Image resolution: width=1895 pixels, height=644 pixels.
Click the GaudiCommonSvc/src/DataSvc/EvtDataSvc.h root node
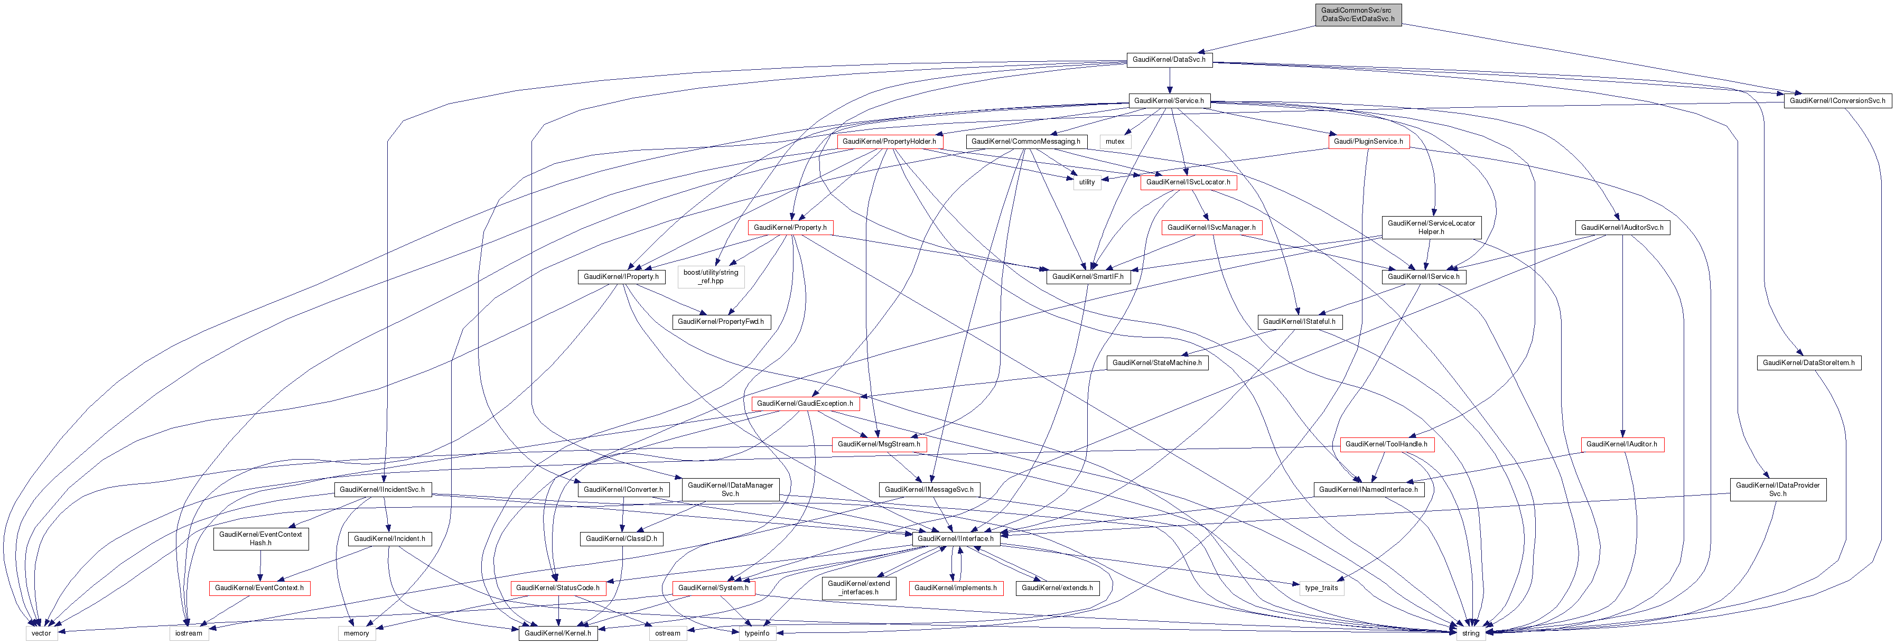pos(1357,15)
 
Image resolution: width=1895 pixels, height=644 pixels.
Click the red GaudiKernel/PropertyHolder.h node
pos(889,141)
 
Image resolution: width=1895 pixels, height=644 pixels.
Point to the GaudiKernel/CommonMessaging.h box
pos(1025,141)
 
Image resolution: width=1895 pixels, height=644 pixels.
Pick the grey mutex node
pos(1115,141)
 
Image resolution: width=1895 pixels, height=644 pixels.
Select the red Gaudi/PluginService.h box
pos(1368,141)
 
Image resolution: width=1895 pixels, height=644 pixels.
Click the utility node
pos(1087,182)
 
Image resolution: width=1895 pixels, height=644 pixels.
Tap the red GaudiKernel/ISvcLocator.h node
pos(1187,182)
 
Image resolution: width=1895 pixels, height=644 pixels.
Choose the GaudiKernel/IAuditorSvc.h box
pos(1621,227)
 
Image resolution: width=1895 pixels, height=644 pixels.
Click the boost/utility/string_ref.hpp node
pos(711,277)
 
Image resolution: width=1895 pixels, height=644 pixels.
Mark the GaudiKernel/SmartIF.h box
pos(1087,277)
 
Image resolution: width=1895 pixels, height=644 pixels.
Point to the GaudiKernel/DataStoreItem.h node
pos(1808,363)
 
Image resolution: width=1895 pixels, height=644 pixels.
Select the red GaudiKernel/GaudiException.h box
pos(805,404)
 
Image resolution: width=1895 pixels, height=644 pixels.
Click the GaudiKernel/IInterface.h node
pos(955,539)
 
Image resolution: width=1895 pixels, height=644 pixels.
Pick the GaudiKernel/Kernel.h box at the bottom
pos(557,633)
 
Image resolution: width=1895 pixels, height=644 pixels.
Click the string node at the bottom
pos(1470,633)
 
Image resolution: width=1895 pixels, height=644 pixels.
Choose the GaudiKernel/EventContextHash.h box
pos(260,539)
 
